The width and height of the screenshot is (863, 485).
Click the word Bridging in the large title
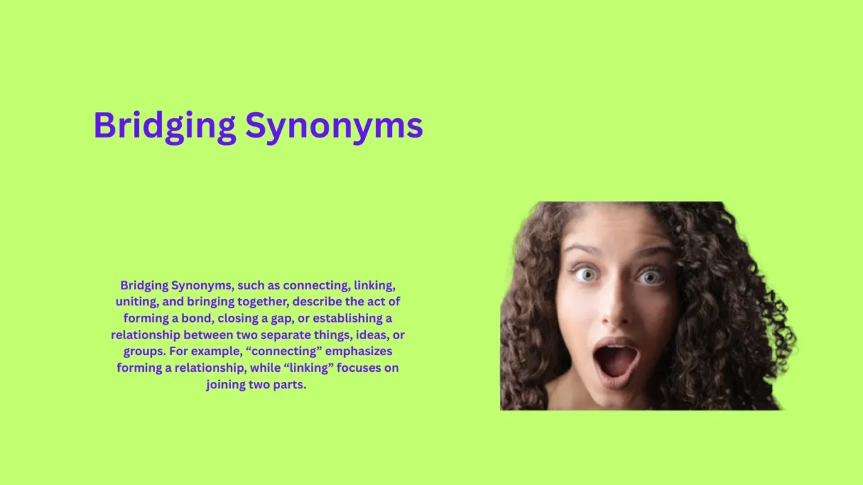click(x=165, y=126)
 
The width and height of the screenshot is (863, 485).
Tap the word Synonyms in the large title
click(x=334, y=126)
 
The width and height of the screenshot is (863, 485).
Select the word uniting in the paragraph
click(x=136, y=302)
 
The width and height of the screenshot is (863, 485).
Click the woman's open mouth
click(x=615, y=360)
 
